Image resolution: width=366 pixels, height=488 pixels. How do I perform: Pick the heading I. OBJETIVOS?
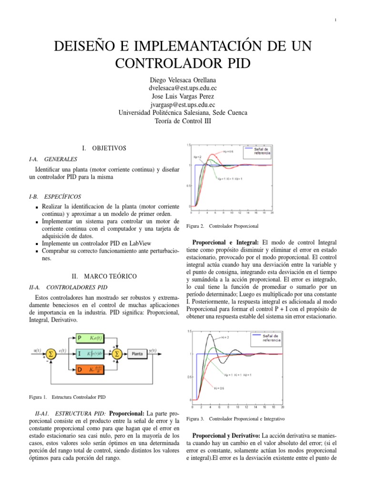(x=104, y=148)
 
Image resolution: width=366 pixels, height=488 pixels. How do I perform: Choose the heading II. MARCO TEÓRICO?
(x=103, y=276)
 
